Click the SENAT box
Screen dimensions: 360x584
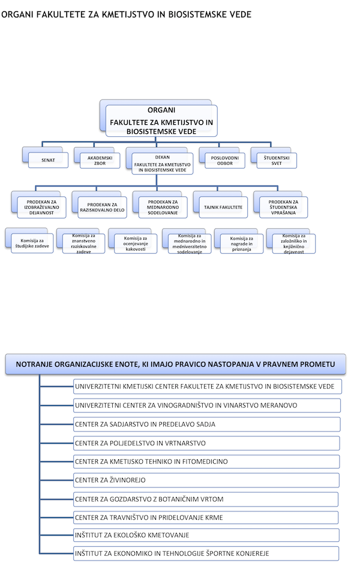coord(48,160)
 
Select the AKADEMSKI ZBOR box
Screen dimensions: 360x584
coord(100,160)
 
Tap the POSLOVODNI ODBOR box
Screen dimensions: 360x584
coord(225,160)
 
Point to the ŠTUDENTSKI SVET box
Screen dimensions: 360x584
coord(277,160)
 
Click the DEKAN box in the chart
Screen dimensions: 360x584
coord(163,163)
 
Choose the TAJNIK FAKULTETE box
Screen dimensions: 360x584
coord(223,207)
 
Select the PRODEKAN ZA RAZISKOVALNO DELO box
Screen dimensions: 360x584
coord(103,207)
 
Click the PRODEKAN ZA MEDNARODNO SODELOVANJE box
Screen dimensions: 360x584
coord(163,207)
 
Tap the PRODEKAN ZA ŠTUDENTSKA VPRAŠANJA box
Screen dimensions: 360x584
coord(283,207)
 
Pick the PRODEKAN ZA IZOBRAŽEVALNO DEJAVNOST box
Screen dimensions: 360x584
coord(41,207)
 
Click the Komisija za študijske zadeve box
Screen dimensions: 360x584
coord(32,244)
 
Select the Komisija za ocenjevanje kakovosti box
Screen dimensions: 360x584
coord(136,244)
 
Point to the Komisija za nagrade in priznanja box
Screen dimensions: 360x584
coord(242,244)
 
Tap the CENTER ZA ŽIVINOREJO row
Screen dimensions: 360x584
coord(206,480)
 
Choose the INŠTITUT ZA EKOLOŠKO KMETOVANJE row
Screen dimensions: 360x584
coord(206,535)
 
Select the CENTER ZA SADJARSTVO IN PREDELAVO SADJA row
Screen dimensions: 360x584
coord(206,424)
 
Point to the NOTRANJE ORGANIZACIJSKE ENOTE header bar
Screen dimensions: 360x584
coord(175,364)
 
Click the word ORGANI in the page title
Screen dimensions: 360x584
coord(17,14)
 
